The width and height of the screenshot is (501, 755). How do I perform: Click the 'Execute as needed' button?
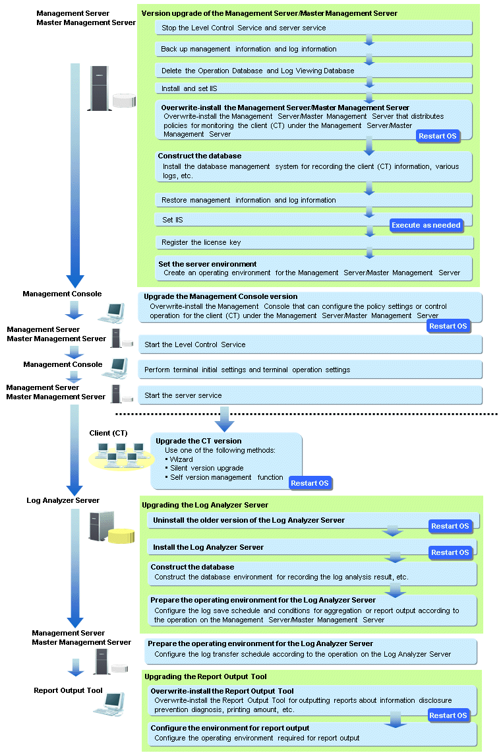click(426, 225)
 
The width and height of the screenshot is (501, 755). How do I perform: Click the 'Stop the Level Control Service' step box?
click(314, 28)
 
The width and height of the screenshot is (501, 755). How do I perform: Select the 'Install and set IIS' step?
click(314, 88)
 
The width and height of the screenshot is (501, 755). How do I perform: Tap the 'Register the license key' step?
click(314, 243)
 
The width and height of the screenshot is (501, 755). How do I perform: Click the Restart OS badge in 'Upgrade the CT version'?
click(310, 483)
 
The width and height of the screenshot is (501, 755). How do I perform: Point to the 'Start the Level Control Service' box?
click(310, 345)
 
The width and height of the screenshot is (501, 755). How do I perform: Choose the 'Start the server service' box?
click(310, 395)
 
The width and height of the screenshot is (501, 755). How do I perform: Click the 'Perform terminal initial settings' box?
click(310, 370)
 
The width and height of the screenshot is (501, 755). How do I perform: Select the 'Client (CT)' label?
click(108, 433)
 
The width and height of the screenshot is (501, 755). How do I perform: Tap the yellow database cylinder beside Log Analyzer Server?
click(121, 536)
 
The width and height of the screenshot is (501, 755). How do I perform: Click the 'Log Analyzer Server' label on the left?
click(63, 500)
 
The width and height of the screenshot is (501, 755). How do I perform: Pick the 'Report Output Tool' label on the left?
click(69, 690)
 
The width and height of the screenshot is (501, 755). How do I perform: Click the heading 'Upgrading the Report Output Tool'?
click(205, 676)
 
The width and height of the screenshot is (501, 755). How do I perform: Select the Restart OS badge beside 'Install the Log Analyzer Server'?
click(450, 552)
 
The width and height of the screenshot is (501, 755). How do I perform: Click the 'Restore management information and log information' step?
click(314, 201)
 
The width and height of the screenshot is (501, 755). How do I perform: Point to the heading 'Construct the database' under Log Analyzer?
click(192, 567)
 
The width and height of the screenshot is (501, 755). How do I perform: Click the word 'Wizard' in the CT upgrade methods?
click(181, 459)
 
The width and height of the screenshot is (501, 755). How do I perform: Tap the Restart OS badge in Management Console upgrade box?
click(448, 326)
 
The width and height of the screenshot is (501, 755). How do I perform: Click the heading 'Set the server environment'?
click(207, 264)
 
